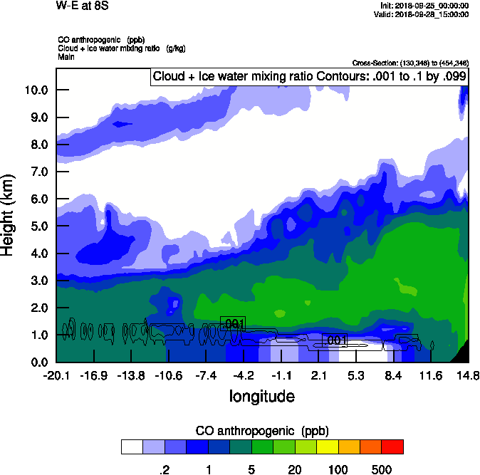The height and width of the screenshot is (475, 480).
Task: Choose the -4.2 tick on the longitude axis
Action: coord(244,375)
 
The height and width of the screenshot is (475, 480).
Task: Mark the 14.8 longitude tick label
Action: coord(467,375)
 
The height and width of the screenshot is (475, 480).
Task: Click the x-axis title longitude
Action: coord(261,395)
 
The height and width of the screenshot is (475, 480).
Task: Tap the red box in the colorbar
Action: coord(392,447)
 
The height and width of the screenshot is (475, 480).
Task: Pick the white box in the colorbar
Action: coord(132,447)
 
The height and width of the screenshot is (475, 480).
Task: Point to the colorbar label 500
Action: coord(382,469)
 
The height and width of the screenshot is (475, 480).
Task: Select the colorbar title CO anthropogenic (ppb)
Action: coord(261,431)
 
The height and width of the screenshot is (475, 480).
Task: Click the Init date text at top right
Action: coord(424,6)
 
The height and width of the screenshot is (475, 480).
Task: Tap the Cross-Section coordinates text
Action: coord(410,63)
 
